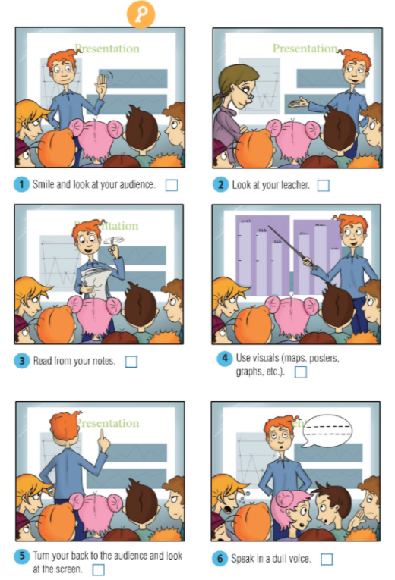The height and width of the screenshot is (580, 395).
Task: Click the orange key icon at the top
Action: (x=141, y=14)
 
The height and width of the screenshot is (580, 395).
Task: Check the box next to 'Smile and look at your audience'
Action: (x=172, y=185)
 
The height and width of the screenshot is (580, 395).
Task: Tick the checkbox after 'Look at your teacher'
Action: (x=324, y=185)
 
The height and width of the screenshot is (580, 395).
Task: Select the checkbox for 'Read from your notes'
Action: (x=131, y=362)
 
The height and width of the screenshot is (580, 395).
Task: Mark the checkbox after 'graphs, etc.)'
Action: (x=301, y=372)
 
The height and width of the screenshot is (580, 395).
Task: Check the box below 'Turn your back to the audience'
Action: (x=98, y=570)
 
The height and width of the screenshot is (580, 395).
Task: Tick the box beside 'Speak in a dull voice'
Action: (x=327, y=560)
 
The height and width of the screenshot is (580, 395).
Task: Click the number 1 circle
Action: (x=23, y=185)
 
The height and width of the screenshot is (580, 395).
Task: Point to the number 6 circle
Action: (x=220, y=559)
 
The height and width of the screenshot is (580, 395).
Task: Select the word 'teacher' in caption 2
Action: (x=295, y=185)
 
